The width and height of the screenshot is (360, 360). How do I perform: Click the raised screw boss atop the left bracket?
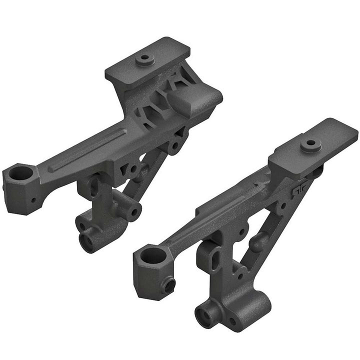coord(144,58)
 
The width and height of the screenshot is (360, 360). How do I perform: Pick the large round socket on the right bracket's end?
coord(153,256)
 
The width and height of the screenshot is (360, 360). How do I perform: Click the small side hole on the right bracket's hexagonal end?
coord(169,285)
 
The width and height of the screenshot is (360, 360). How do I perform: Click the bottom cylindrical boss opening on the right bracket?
coord(204,316)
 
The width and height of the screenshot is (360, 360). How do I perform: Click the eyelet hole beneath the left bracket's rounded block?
coord(175,147)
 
